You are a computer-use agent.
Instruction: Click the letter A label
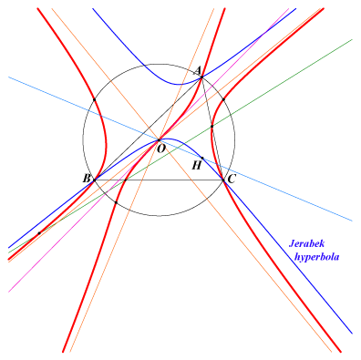(x=198, y=70)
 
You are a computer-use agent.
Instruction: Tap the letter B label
(x=87, y=179)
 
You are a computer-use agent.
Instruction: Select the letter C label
(x=232, y=180)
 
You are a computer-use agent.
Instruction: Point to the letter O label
(x=161, y=149)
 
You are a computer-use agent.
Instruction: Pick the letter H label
(x=197, y=166)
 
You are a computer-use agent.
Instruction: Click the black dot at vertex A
(x=201, y=77)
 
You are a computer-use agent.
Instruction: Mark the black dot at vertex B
(x=94, y=180)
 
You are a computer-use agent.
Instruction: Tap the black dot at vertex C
(x=223, y=180)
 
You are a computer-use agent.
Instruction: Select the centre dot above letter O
(x=159, y=140)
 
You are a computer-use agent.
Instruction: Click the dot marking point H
(x=202, y=158)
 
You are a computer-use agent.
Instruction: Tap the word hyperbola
(x=316, y=257)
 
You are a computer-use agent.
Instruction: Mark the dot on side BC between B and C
(x=125, y=180)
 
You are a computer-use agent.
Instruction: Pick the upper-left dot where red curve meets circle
(x=94, y=99)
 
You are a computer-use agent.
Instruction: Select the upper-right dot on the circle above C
(x=223, y=99)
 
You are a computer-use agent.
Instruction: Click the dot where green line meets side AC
(x=212, y=126)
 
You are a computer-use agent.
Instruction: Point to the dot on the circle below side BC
(x=116, y=202)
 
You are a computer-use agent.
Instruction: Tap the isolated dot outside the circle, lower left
(x=39, y=233)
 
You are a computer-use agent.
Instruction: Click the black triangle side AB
(x=148, y=129)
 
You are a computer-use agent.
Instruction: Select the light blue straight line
(x=180, y=149)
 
